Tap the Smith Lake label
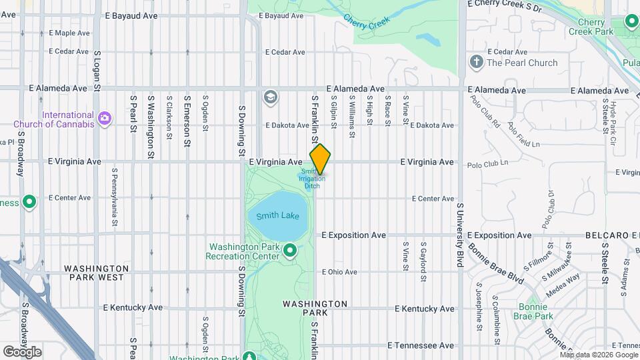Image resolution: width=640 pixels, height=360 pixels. tap(273, 216)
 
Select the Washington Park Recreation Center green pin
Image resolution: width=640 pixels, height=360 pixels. tap(290, 251)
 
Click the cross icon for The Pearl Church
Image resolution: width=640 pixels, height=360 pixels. tap(476, 63)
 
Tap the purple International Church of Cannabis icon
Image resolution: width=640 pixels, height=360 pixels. tap(104, 119)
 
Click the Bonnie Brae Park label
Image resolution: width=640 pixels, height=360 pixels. tap(535, 311)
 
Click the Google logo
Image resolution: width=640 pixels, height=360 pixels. tap(21, 351)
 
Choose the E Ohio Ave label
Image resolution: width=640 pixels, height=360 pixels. tap(340, 272)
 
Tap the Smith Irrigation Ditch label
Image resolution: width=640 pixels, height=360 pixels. tap(312, 179)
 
